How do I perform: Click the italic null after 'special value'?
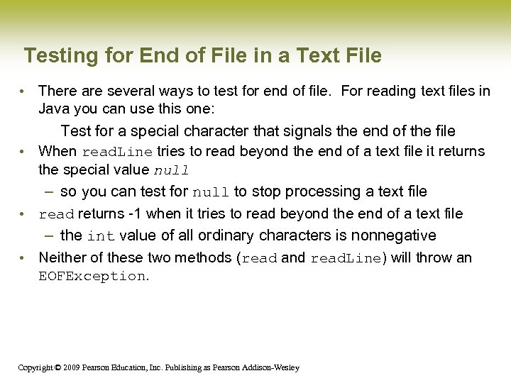pyautogui.click(x=171, y=170)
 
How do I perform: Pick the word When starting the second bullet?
pyautogui.click(x=57, y=151)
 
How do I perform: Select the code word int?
pyautogui.click(x=101, y=236)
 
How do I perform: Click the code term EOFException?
pyautogui.click(x=92, y=277)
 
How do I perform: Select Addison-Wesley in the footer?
pyautogui.click(x=272, y=367)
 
